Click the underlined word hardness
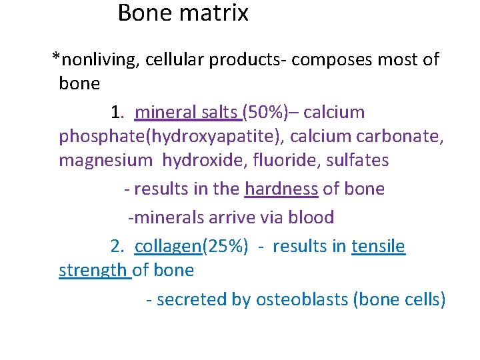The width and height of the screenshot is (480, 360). pos(281,189)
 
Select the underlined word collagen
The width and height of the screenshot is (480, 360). pos(167,247)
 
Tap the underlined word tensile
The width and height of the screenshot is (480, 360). pos(378,247)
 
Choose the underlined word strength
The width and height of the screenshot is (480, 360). pos(94,271)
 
